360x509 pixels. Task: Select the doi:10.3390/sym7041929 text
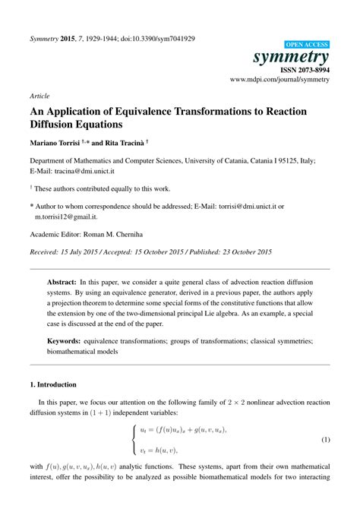pyautogui.click(x=162, y=37)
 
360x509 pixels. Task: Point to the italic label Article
pyautogui.click(x=39, y=96)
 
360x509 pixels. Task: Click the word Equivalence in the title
pyautogui.click(x=163, y=112)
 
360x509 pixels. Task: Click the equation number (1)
pyautogui.click(x=324, y=440)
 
